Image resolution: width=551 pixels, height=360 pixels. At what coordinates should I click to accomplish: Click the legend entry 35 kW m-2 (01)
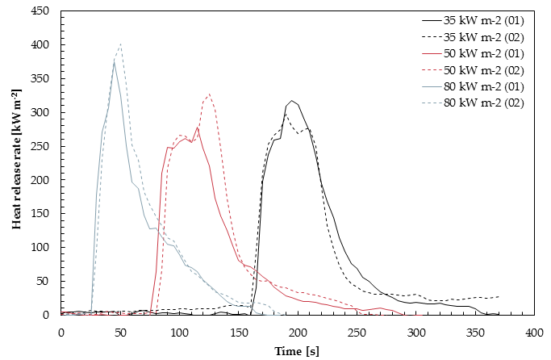[473, 20]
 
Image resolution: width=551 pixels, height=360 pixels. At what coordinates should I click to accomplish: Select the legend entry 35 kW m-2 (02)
[473, 37]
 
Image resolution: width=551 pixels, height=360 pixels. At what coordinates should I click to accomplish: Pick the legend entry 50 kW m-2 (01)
[473, 53]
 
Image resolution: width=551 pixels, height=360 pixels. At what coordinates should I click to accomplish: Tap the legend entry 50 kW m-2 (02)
[473, 70]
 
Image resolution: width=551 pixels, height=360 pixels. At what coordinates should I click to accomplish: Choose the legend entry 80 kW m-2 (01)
[473, 86]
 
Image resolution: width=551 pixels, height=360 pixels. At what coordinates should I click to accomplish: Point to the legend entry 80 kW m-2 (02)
[473, 103]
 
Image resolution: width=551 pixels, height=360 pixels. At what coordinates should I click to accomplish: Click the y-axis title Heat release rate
[16, 159]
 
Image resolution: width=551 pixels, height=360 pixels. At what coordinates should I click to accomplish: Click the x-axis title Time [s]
[297, 351]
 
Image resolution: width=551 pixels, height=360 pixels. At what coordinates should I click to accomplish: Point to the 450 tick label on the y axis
[40, 11]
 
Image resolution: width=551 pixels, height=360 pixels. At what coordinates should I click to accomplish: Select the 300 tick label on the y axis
[40, 112]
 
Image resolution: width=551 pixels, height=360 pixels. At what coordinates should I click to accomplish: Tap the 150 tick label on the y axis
[40, 213]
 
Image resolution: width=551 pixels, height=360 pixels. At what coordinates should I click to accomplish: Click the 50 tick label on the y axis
[43, 281]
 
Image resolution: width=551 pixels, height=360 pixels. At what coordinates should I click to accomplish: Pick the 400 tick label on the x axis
[534, 333]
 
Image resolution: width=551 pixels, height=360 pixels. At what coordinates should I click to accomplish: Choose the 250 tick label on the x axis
[357, 333]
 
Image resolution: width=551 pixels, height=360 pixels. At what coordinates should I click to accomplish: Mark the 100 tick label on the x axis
[179, 333]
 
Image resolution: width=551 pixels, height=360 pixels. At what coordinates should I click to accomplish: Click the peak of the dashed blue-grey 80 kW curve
[120, 44]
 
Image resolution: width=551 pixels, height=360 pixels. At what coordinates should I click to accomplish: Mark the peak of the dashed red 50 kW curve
[209, 94]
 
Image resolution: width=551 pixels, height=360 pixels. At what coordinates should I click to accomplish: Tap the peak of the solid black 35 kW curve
[292, 101]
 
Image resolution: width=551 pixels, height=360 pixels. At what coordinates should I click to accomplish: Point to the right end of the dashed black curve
[499, 297]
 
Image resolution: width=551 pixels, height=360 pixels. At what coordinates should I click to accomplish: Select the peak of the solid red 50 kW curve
[198, 128]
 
